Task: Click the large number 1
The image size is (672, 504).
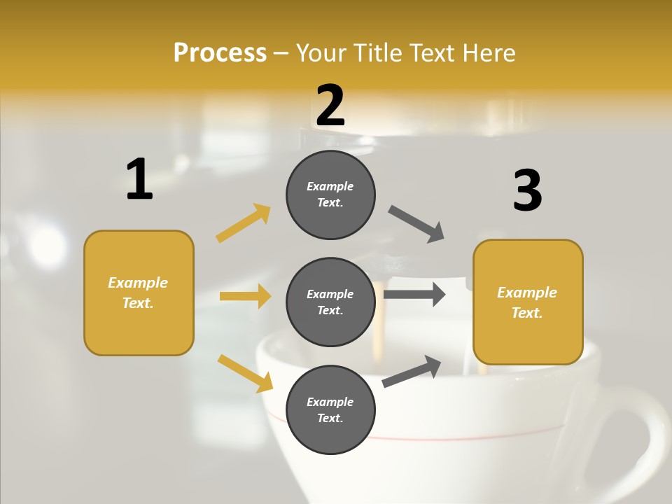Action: coord(139,180)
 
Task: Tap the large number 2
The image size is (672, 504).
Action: coord(330,106)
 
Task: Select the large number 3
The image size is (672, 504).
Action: coord(528,191)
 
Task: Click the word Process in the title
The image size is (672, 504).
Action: coord(220,52)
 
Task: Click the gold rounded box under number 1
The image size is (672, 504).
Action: coord(139,293)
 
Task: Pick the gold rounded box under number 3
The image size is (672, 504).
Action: coord(528,302)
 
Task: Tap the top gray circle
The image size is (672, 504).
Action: coord(330,195)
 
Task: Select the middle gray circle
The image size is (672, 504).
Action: coord(330,302)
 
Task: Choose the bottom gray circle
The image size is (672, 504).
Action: coord(330,409)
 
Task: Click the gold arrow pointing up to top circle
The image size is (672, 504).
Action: coord(244,223)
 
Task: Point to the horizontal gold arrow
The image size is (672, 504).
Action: coord(245,296)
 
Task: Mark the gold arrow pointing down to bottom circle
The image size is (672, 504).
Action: coord(245,373)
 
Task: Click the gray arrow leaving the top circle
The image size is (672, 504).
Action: coord(416,224)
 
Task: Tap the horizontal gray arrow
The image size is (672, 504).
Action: coord(414,294)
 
